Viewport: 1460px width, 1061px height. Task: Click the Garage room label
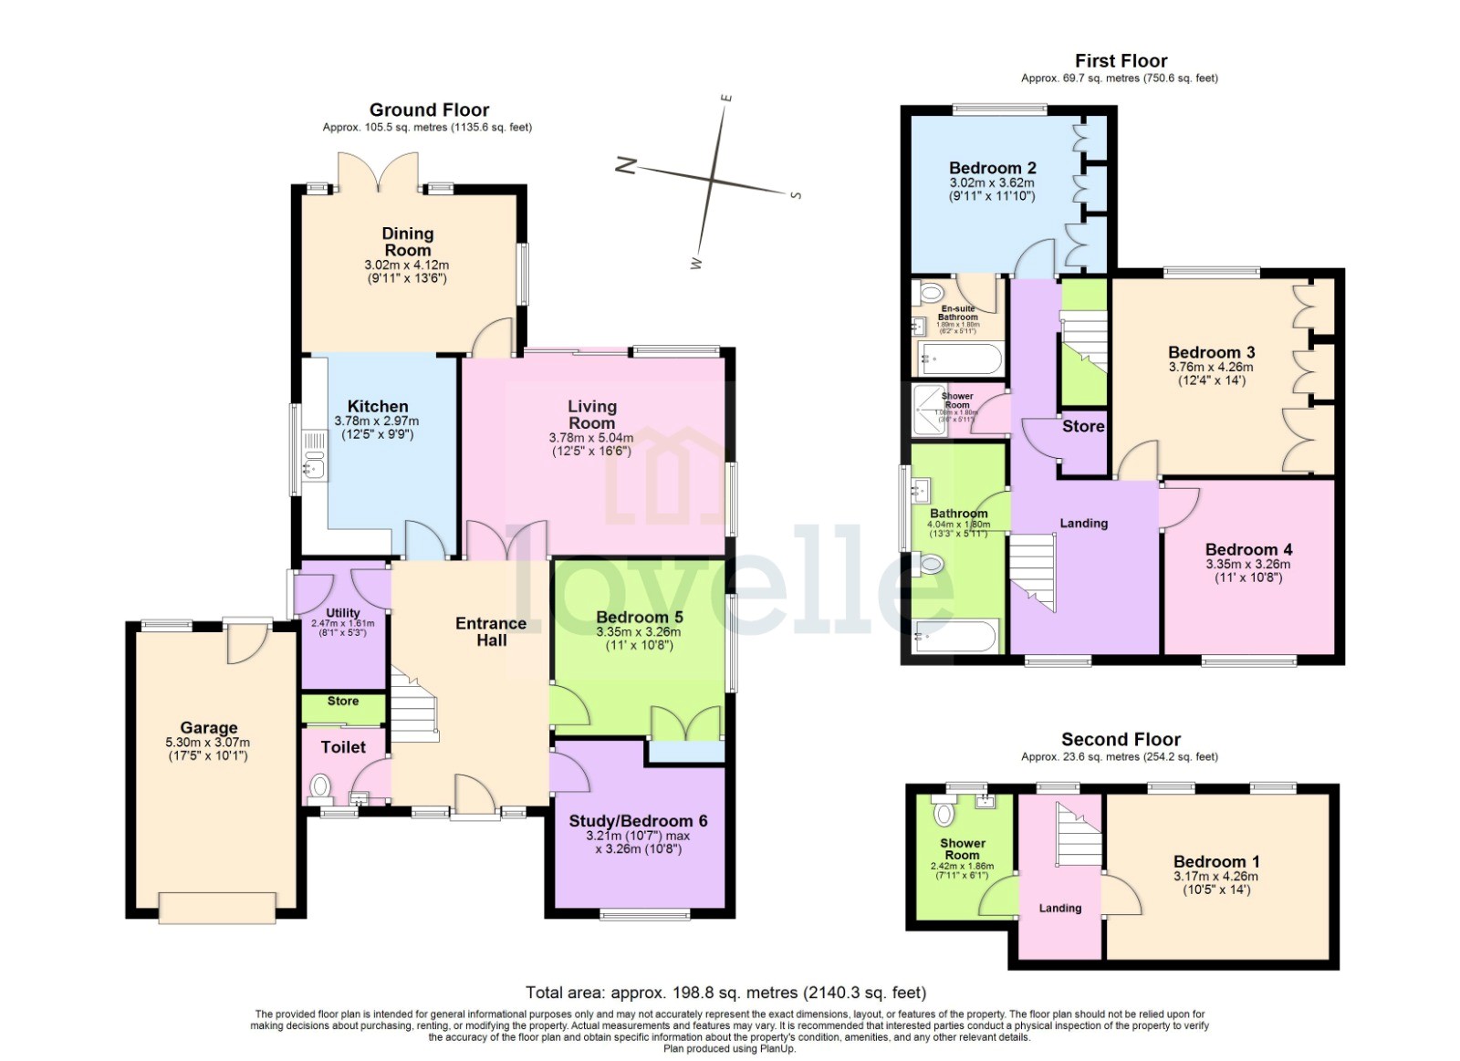[x=208, y=727]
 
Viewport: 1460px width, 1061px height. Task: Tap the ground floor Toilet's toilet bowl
[x=320, y=786]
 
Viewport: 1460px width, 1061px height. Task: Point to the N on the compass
[x=626, y=165]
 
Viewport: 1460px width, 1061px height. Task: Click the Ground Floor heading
[x=429, y=110]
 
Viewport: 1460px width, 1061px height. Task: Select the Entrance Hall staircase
[x=415, y=702]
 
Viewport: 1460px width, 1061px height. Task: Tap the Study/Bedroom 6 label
[x=638, y=821]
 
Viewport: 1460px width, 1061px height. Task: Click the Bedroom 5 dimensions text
[x=638, y=638]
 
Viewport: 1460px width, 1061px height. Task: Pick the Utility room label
[x=343, y=613]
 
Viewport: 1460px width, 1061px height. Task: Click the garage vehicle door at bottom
[x=217, y=907]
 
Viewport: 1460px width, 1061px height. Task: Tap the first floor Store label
[x=1083, y=426]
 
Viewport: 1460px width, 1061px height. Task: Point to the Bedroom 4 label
[x=1248, y=549]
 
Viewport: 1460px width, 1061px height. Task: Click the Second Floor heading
[x=1121, y=740]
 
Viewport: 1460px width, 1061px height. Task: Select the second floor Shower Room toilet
[x=944, y=810]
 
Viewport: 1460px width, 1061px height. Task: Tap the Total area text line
[x=725, y=993]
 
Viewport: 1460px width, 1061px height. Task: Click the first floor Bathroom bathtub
[x=956, y=636]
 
